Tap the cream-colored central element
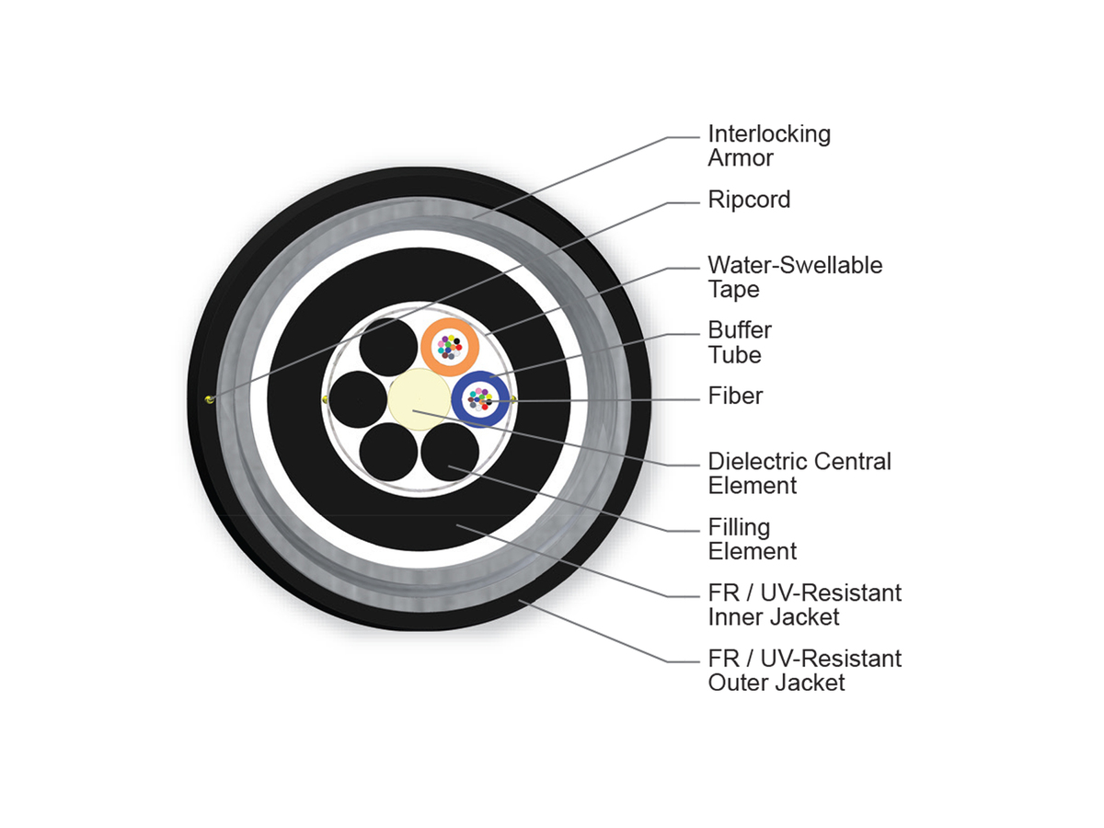[x=419, y=399]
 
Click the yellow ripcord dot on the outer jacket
[x=209, y=399]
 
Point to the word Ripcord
[x=749, y=200]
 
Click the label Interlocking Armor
[x=769, y=145]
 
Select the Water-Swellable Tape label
[x=795, y=277]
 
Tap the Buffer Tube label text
[x=740, y=342]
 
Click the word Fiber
[x=735, y=396]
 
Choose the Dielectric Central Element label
[x=799, y=473]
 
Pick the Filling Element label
[x=752, y=539]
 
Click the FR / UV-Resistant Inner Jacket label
[x=805, y=604]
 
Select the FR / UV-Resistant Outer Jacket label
[x=805, y=670]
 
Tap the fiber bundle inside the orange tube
[x=450, y=347]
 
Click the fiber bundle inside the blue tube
[x=480, y=399]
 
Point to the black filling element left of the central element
[x=358, y=399]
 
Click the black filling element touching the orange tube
[x=388, y=347]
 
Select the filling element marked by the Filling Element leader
[x=450, y=452]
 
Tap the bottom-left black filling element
[x=388, y=452]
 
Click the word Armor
[x=741, y=158]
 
